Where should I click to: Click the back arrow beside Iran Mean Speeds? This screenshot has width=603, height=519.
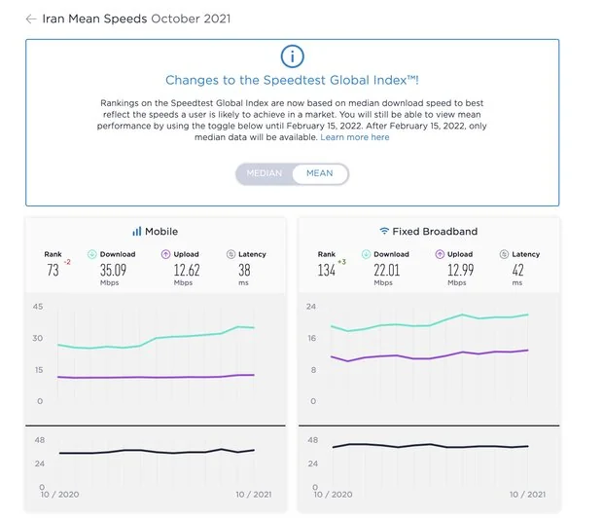(31, 19)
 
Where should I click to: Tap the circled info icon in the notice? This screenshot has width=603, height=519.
(292, 56)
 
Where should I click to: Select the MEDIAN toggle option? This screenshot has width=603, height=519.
(264, 173)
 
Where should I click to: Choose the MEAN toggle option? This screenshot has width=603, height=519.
(319, 173)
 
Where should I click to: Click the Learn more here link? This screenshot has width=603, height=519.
(355, 137)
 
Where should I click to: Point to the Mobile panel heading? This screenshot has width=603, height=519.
(155, 232)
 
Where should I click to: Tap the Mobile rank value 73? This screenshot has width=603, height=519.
(53, 270)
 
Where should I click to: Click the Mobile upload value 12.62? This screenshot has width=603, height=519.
(180, 270)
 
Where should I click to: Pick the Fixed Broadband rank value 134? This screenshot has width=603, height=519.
(327, 270)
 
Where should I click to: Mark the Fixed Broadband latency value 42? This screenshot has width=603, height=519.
(516, 270)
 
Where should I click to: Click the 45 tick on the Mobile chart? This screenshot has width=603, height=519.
(38, 308)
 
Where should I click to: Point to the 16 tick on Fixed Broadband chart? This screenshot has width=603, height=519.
(311, 339)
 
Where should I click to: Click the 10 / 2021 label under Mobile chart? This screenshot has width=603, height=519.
(253, 494)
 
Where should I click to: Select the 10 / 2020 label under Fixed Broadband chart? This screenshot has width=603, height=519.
(333, 494)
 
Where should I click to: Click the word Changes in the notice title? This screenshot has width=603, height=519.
(192, 81)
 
